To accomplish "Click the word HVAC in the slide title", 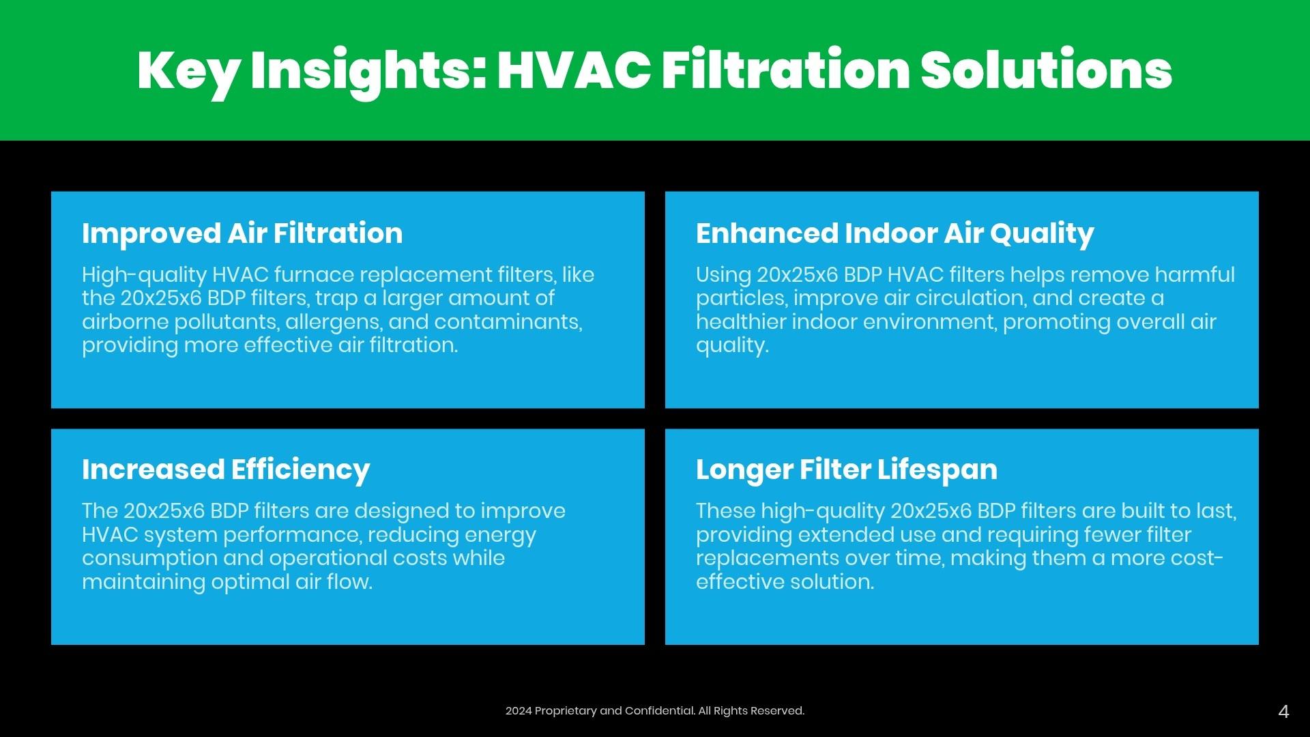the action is (x=574, y=70).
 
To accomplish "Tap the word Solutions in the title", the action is (x=1046, y=70).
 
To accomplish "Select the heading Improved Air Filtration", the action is (x=242, y=233).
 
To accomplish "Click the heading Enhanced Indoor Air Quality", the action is (x=895, y=234).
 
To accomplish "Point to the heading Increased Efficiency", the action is (x=226, y=470).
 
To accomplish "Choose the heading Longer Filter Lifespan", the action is (x=847, y=470).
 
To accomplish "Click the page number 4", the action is (x=1283, y=712).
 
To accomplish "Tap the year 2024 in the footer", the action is (x=519, y=711).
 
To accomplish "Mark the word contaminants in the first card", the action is (x=508, y=322).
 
